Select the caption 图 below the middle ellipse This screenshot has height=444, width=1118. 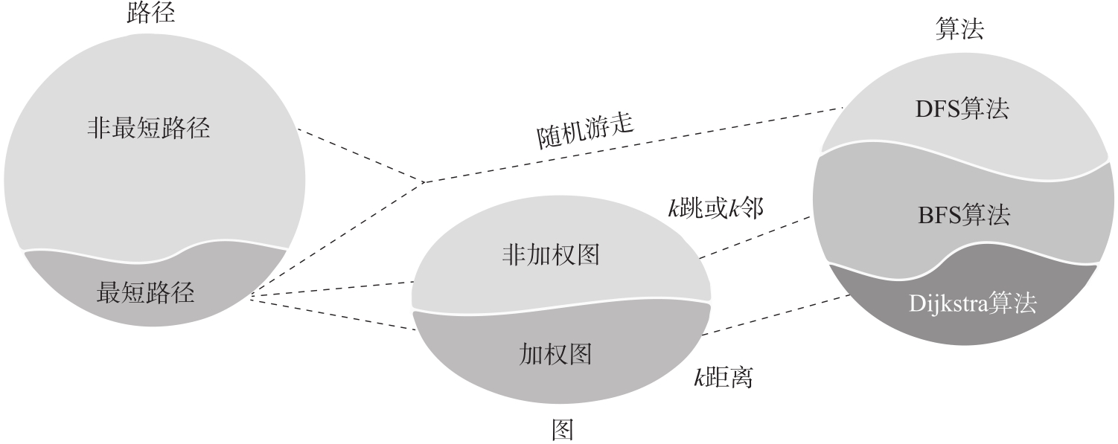pos(561,429)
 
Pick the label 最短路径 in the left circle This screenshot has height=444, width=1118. pos(146,293)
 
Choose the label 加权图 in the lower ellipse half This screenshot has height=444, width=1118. pos(555,354)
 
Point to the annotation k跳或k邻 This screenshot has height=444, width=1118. pos(715,207)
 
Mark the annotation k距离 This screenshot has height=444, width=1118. pos(723,379)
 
